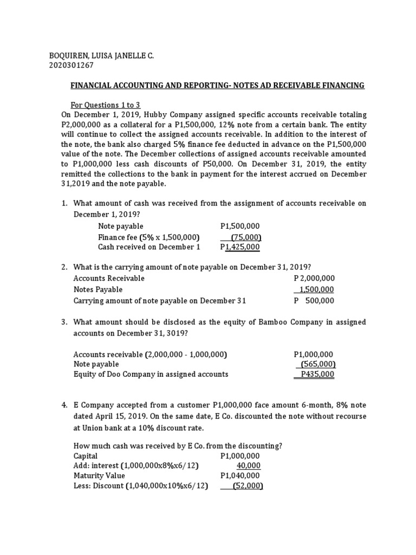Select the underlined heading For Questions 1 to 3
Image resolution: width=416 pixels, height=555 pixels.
106,105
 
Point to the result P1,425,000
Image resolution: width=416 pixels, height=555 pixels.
240,247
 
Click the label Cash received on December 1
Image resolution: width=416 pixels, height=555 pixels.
149,247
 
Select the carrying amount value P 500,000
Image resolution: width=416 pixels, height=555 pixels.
314,301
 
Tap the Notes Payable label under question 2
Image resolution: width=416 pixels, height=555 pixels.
98,289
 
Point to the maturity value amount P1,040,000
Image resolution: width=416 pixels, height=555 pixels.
240,476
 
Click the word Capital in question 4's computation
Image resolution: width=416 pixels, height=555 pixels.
86,456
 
